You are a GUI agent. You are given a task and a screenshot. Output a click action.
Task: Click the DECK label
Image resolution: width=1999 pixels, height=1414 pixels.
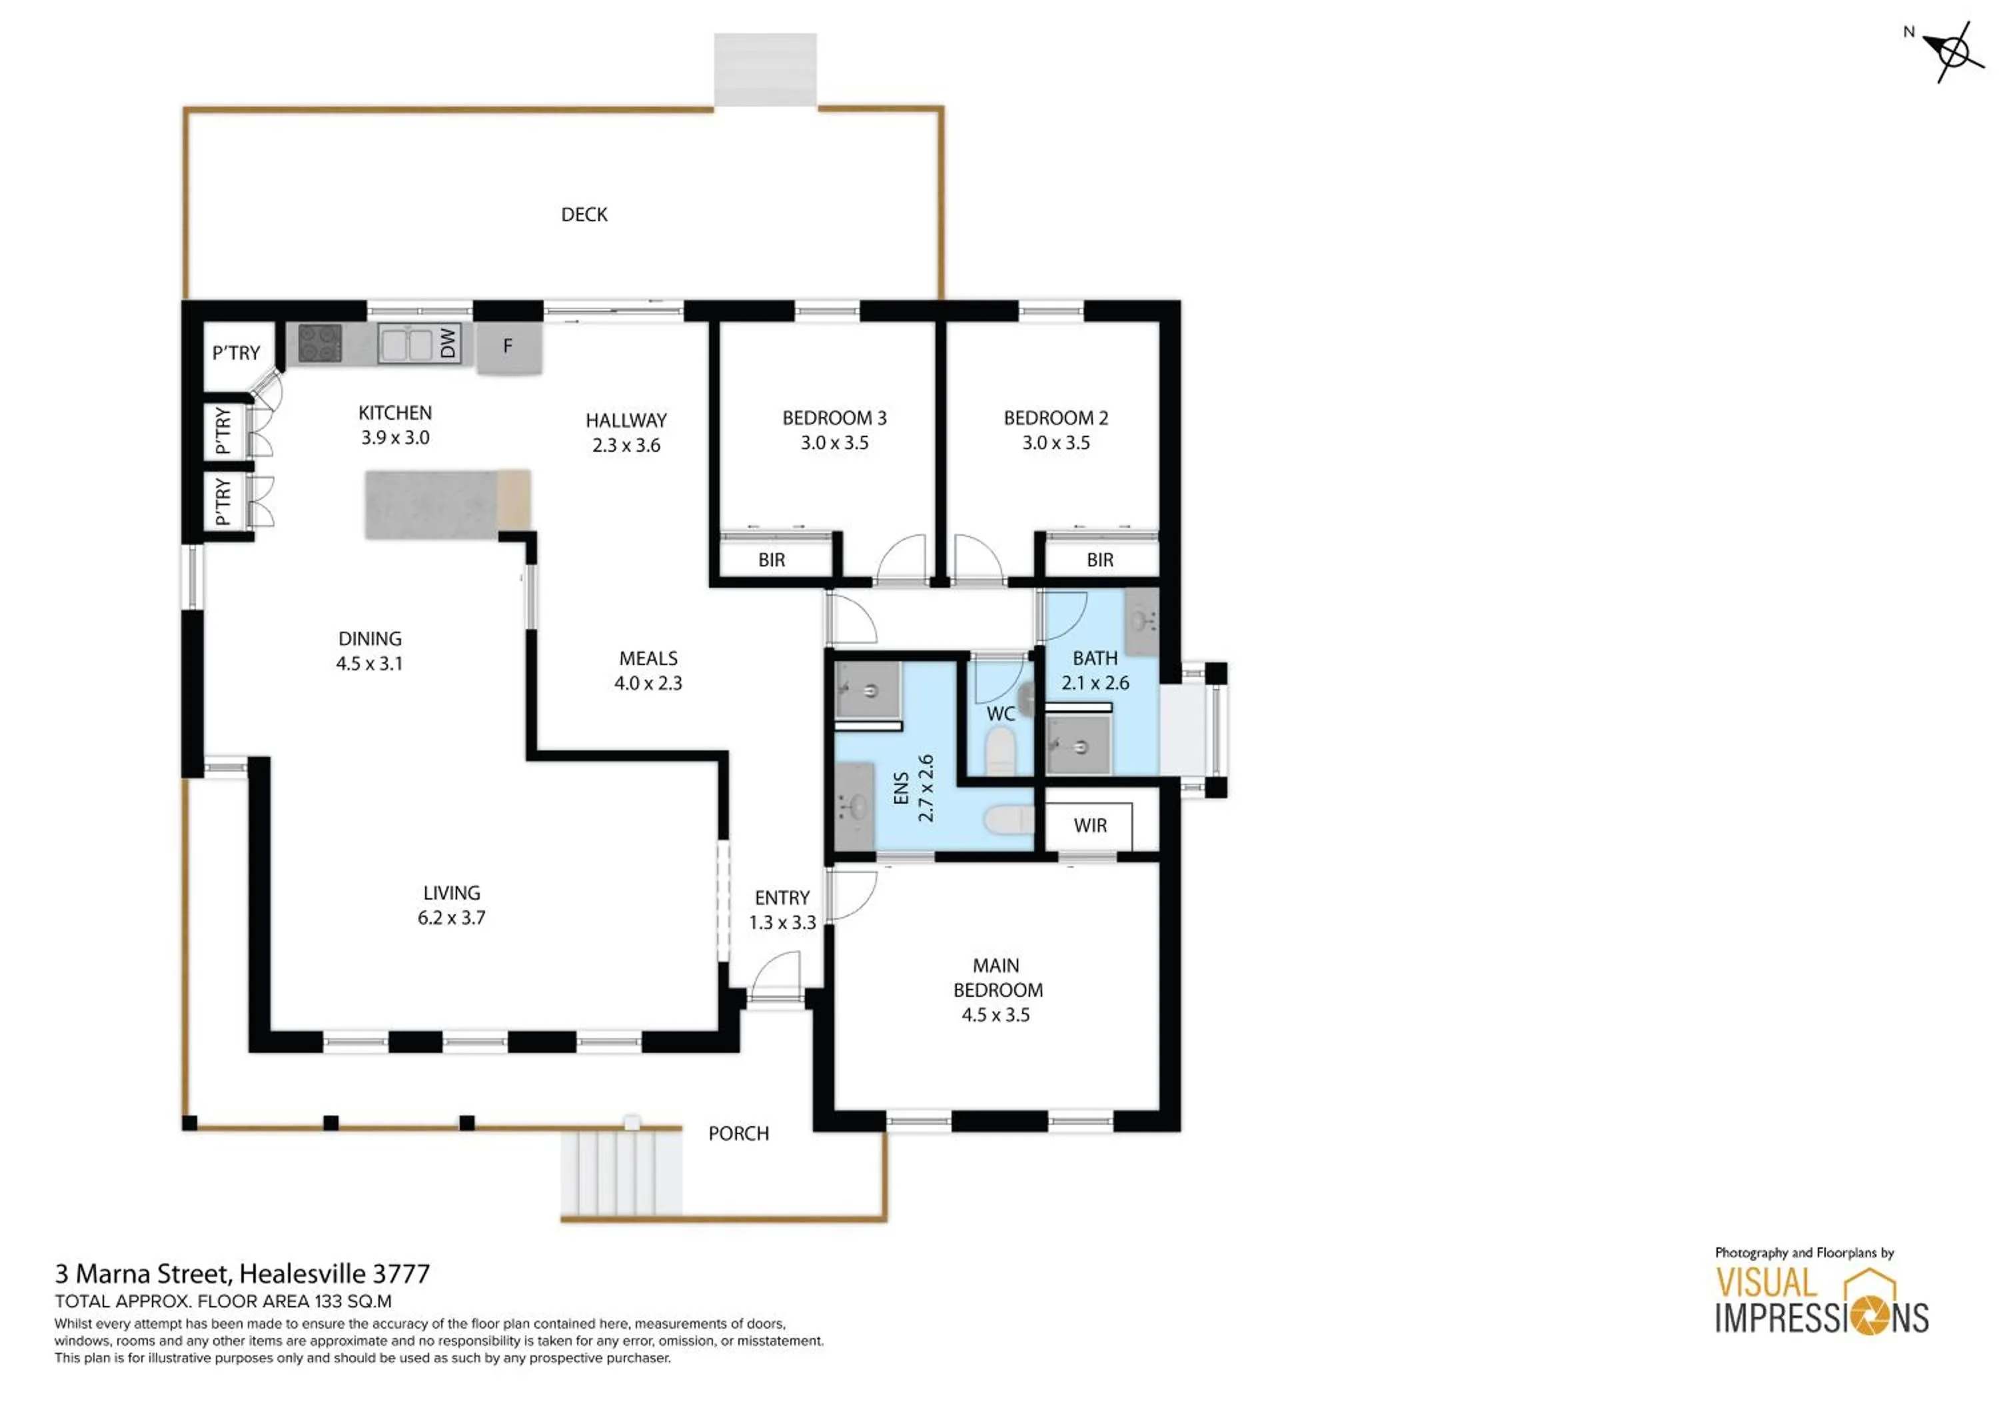pyautogui.click(x=583, y=214)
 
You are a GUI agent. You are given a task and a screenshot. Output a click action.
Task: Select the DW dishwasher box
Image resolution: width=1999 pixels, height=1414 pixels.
pyautogui.click(x=448, y=343)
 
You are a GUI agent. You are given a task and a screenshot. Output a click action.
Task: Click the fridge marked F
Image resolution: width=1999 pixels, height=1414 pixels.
pyautogui.click(x=508, y=347)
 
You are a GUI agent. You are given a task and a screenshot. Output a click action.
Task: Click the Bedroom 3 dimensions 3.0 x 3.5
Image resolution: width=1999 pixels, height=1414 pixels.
pyautogui.click(x=834, y=443)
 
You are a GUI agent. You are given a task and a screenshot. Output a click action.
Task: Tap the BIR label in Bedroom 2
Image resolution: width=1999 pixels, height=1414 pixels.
pyautogui.click(x=1099, y=560)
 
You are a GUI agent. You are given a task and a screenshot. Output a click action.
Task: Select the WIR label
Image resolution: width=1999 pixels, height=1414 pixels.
pyautogui.click(x=1090, y=826)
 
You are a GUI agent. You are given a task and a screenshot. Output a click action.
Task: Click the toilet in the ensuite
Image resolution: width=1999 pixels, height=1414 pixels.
pyautogui.click(x=1008, y=820)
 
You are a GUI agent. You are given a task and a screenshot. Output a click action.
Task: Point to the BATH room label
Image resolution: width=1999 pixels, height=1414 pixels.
pyautogui.click(x=1094, y=658)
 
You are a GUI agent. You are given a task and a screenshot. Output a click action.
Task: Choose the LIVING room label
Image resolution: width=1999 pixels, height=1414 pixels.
pyautogui.click(x=451, y=892)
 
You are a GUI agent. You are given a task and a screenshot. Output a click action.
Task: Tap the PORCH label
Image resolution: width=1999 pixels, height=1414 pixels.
pyautogui.click(x=738, y=1133)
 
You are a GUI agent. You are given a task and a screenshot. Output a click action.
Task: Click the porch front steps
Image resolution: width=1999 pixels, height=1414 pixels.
pyautogui.click(x=620, y=1171)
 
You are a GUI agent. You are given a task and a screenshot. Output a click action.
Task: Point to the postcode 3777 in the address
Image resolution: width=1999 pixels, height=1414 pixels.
pyautogui.click(x=401, y=1274)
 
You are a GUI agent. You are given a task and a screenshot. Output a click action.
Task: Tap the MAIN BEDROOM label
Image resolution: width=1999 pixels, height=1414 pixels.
pyautogui.click(x=997, y=978)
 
